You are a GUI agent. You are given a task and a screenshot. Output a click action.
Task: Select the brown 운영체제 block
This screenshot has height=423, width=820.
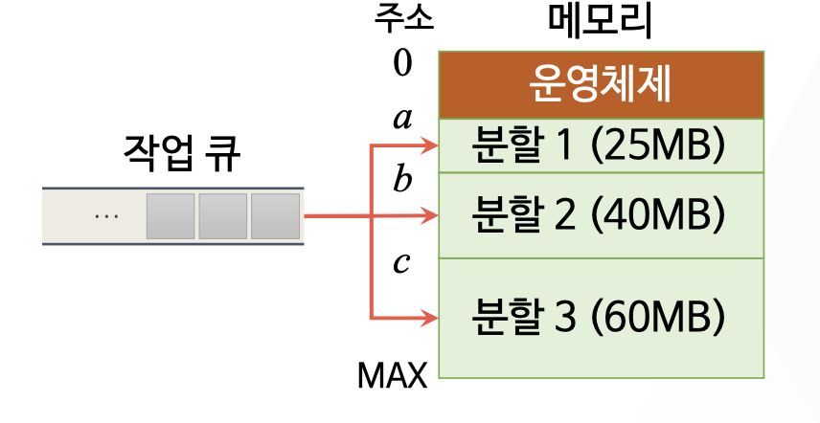[601, 85]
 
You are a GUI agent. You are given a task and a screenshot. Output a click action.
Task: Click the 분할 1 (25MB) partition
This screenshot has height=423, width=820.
[601, 145]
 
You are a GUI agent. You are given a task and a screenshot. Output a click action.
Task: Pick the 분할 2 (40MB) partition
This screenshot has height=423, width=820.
[601, 216]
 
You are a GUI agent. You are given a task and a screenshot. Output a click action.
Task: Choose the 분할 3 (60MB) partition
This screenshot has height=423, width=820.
[601, 317]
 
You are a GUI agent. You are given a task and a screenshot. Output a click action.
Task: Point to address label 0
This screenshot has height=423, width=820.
[402, 63]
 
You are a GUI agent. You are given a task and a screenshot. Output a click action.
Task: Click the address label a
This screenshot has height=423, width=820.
[402, 119]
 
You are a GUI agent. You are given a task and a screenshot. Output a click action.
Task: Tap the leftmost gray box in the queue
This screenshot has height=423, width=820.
[171, 216]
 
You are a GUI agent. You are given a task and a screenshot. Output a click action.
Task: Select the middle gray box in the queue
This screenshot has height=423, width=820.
[223, 216]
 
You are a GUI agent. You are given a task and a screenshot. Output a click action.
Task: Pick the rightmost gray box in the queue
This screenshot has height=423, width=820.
[275, 216]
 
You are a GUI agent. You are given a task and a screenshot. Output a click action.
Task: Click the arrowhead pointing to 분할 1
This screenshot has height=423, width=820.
[430, 145]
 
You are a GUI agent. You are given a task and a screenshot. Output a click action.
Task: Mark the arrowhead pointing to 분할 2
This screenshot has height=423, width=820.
[430, 216]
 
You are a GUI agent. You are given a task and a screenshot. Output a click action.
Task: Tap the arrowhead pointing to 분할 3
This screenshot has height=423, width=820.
[430, 318]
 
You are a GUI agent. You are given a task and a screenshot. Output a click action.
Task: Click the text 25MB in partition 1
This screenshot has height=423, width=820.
[658, 145]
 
